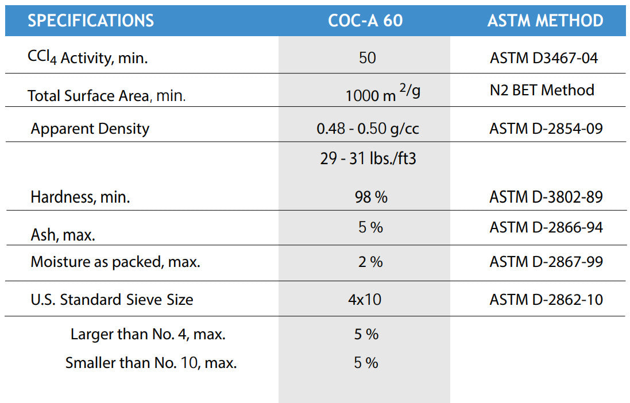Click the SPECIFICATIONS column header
coord(91,21)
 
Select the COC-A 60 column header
coord(365,21)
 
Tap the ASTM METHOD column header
coord(545,21)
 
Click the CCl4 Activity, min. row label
coord(87,58)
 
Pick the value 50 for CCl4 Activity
coord(367,58)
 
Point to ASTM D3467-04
coord(544,58)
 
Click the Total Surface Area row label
coord(106,95)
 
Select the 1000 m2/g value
coord(382,94)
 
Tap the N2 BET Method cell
coord(542,90)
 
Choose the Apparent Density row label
coord(90,129)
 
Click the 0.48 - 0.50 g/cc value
coord(368,129)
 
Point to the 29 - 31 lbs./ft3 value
coord(368,158)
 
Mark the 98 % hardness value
coord(371,197)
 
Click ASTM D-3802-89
coord(546,197)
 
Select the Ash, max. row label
coord(63,235)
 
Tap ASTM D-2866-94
coord(546,228)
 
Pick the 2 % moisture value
coord(370,262)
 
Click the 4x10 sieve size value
coord(365,300)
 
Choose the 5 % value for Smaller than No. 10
coord(366,363)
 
